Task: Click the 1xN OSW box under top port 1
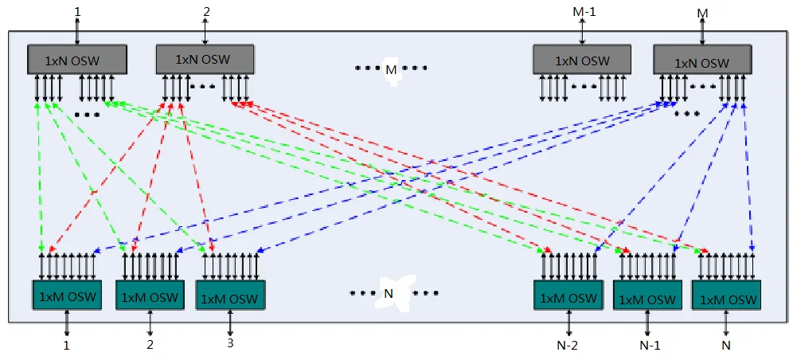(x=77, y=59)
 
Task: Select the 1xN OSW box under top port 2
(x=205, y=59)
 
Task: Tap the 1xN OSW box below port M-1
(x=582, y=59)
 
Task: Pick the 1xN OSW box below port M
(x=702, y=61)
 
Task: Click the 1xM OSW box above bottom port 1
(x=67, y=295)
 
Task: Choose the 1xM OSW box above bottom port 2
(x=150, y=296)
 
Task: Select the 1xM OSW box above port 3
(x=229, y=297)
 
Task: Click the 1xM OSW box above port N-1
(x=647, y=298)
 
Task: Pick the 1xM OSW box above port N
(x=725, y=297)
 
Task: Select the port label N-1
(x=648, y=346)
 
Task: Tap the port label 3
(x=230, y=345)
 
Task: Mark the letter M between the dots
(x=390, y=70)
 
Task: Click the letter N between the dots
(x=389, y=292)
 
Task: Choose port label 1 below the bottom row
(x=67, y=346)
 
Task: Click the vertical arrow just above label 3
(x=230, y=324)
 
